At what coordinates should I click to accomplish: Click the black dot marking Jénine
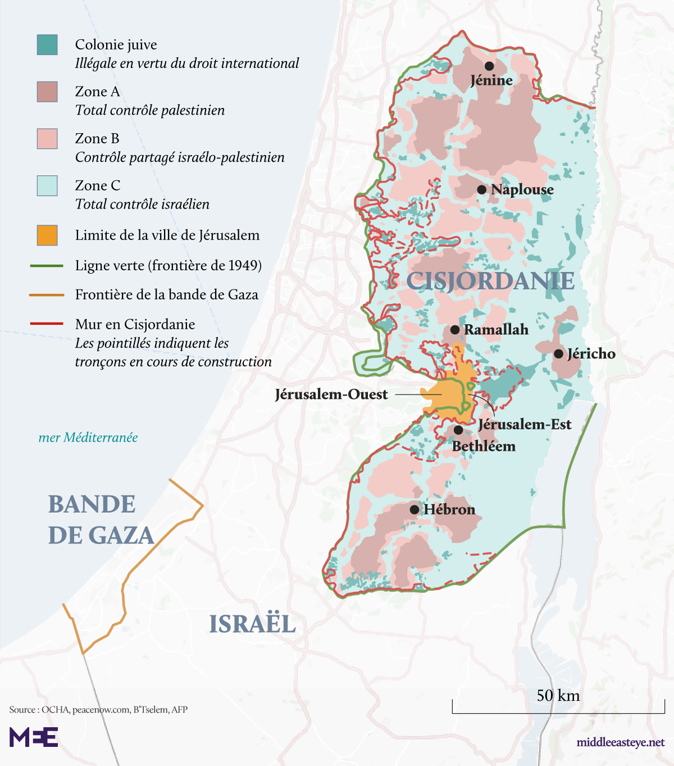[x=489, y=66]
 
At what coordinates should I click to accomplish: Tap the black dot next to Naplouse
[x=481, y=190]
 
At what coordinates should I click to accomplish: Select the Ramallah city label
[x=496, y=330]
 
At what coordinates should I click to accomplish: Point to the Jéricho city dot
[x=558, y=354]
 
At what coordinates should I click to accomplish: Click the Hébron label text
[x=449, y=509]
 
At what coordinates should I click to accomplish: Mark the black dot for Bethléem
[x=458, y=430]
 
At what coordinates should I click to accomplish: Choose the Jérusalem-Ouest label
[x=331, y=394]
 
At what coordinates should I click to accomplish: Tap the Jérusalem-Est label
[x=525, y=425]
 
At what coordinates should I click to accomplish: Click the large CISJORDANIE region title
[x=490, y=281]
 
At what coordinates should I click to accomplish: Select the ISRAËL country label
[x=252, y=624]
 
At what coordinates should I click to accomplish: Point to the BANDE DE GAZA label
[x=101, y=520]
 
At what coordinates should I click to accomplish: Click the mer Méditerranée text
[x=88, y=437]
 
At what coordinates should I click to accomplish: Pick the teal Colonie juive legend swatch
[x=47, y=45]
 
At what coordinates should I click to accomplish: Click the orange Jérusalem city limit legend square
[x=47, y=235]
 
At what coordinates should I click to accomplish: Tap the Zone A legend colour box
[x=47, y=92]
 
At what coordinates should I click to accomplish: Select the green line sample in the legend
[x=47, y=266]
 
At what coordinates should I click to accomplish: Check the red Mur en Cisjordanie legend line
[x=47, y=324]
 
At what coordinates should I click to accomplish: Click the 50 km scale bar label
[x=558, y=696]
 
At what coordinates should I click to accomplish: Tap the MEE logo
[x=34, y=737]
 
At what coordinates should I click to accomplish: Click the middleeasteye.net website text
[x=620, y=742]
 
